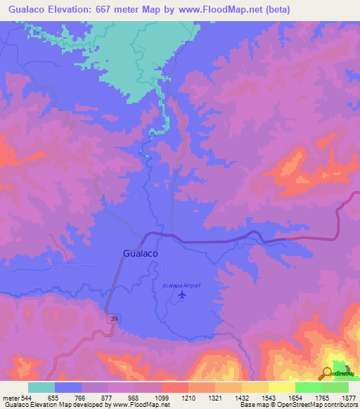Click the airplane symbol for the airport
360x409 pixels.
(183, 294)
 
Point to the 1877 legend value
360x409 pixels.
(340, 396)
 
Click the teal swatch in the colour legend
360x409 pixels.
(41, 387)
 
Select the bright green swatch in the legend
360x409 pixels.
(308, 387)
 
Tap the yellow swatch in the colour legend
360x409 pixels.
(281, 387)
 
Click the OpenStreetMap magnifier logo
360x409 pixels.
(328, 372)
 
